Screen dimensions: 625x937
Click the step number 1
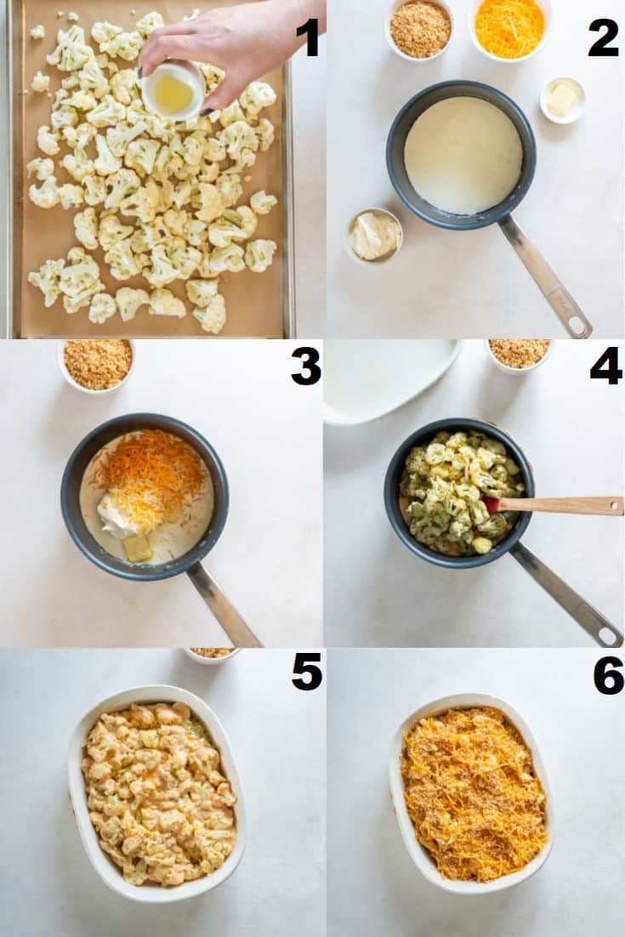point(309,37)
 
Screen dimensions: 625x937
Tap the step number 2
point(602,37)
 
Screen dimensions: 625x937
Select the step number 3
point(306,365)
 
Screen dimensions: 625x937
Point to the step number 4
point(606,365)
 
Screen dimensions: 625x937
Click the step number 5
point(306,672)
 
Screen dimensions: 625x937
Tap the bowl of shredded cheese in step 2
point(509,27)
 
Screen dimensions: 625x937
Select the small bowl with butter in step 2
point(563,99)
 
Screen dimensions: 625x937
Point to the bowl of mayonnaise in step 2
point(375,235)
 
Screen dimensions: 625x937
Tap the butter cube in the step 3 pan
point(138,548)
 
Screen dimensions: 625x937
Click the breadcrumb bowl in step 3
point(98,365)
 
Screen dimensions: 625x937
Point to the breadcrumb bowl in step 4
point(519,355)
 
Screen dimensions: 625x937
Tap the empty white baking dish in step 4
point(391,379)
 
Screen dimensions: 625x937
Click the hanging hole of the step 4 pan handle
point(609,635)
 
